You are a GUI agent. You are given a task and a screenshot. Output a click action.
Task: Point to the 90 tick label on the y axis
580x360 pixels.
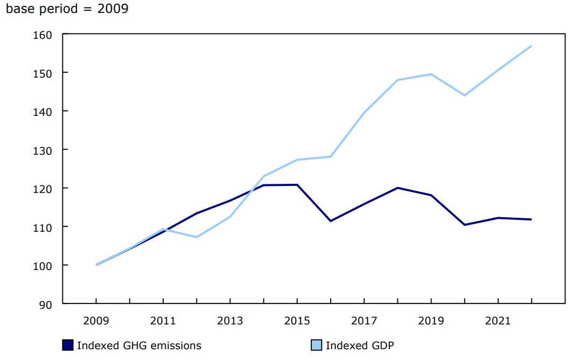point(46,304)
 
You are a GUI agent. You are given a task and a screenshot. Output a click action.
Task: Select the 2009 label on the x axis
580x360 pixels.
point(96,321)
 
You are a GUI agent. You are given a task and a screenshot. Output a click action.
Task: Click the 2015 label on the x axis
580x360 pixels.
point(297,321)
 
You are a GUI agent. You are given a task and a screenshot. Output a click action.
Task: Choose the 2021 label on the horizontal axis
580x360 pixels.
point(498,321)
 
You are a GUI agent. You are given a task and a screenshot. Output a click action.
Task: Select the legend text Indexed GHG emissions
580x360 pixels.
point(139,345)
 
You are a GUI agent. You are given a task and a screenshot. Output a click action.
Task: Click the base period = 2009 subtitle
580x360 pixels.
point(67,9)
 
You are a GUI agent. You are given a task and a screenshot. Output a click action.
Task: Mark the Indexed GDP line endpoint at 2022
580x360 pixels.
point(532,46)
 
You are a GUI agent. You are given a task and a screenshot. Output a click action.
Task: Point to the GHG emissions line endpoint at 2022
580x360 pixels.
point(532,219)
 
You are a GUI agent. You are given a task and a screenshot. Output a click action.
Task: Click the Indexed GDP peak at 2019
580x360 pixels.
point(431,74)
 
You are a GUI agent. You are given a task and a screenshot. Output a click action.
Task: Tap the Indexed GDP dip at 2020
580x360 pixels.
point(464,95)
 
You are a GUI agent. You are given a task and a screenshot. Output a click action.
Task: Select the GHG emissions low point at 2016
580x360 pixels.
point(330,221)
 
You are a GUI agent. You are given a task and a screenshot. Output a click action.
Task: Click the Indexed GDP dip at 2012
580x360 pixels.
point(197,237)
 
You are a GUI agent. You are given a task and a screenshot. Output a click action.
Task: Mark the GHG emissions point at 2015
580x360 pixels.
point(297,185)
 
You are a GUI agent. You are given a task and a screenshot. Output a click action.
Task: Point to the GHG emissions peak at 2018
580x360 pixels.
point(397,188)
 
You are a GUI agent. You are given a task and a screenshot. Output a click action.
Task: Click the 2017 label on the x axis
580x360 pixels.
point(364,321)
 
